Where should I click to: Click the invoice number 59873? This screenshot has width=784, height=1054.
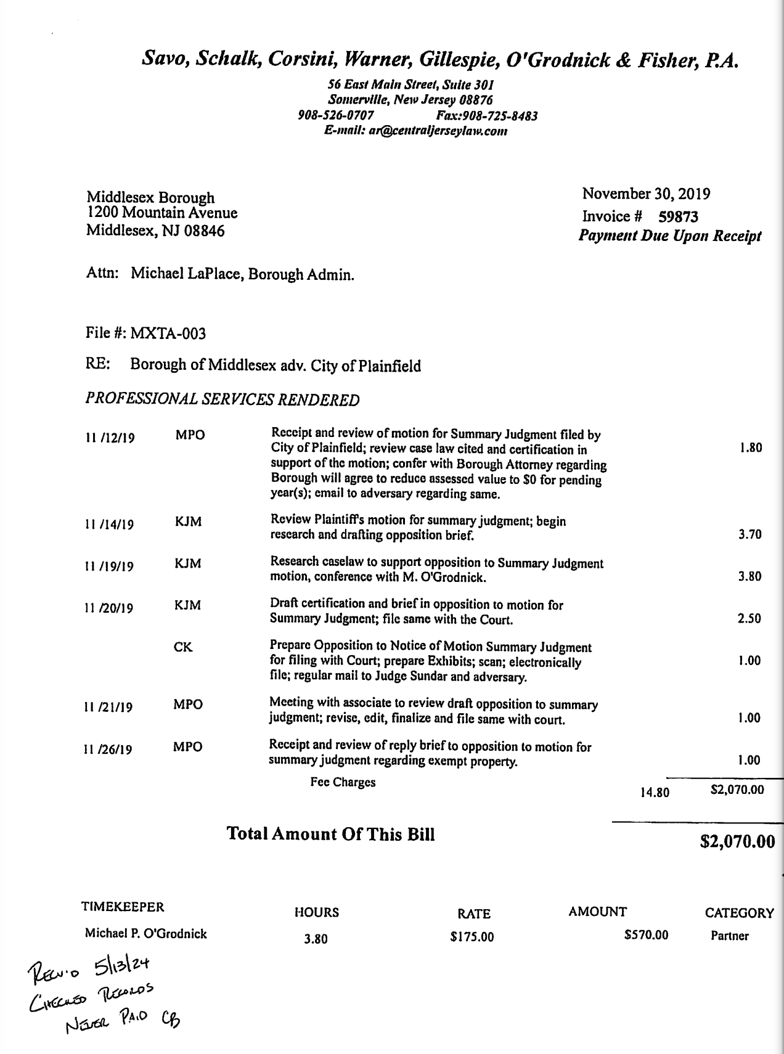[x=678, y=217]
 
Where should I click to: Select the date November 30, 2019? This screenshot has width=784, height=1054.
[x=646, y=194]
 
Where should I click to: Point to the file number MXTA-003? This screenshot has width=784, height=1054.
[x=168, y=334]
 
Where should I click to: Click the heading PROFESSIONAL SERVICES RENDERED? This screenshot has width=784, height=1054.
[x=222, y=400]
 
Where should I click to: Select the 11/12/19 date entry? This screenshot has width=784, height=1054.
[x=109, y=438]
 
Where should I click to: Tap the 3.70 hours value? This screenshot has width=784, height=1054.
[x=749, y=534]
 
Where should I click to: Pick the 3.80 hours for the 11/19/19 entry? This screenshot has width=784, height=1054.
[x=749, y=577]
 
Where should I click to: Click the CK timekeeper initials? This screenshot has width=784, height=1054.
[x=183, y=647]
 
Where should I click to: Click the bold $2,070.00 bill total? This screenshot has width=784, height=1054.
[x=737, y=841]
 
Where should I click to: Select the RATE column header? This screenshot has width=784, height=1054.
[x=474, y=913]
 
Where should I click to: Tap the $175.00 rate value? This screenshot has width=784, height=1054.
[x=472, y=938]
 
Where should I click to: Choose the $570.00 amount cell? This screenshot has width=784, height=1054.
[x=646, y=935]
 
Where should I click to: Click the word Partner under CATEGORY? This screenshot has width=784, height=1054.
[x=729, y=936]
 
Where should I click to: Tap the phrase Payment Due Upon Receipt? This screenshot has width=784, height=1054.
[x=670, y=236]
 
